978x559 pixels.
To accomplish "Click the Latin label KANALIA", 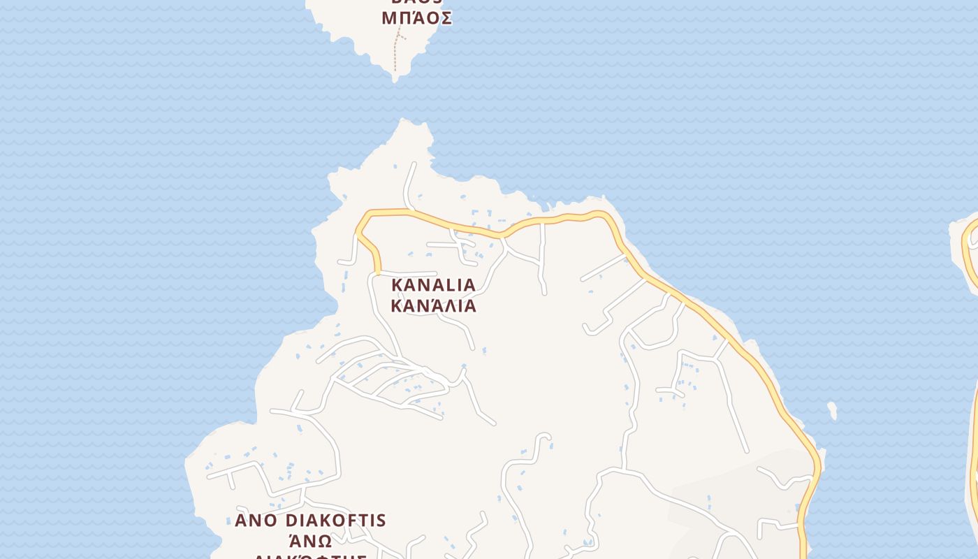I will [x=433, y=285].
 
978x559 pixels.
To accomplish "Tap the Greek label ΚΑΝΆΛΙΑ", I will [x=433, y=306].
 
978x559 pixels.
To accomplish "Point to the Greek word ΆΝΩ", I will [x=309, y=542].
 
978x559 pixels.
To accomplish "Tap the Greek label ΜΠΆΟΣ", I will [x=416, y=19].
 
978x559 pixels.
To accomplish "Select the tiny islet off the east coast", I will [x=832, y=410].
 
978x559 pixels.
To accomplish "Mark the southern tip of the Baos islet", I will [x=395, y=79].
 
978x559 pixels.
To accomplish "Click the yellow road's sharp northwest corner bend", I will [x=358, y=229].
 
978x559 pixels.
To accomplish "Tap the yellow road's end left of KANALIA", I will [x=379, y=271].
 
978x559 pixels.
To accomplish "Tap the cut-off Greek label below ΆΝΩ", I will [x=309, y=556].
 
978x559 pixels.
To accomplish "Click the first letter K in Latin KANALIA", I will [x=397, y=285].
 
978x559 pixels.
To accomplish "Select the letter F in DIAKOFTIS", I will [x=356, y=521].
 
